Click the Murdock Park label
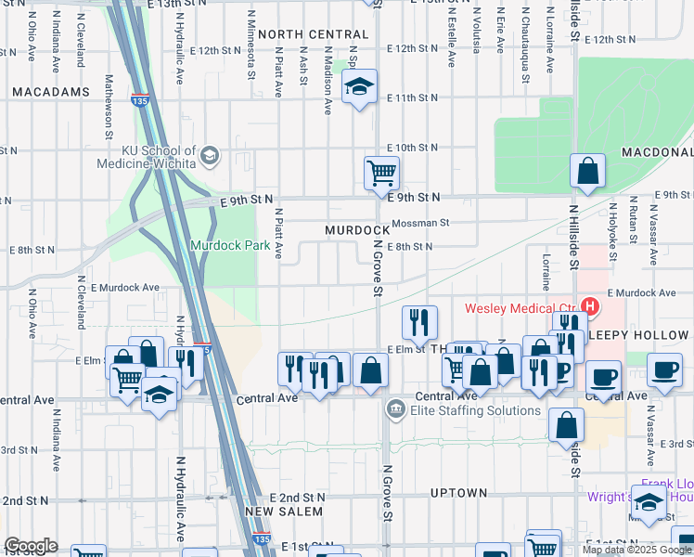(223, 246)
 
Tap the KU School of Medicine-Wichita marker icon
(211, 155)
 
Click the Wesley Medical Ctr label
(521, 307)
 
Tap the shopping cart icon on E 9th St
(381, 173)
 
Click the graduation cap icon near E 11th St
(359, 87)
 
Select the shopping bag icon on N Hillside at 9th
(587, 172)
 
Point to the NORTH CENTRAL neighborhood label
(307, 34)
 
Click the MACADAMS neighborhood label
(51, 92)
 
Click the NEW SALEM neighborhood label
(284, 512)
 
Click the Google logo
(31, 546)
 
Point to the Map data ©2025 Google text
(636, 550)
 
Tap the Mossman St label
(419, 223)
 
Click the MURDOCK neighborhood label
(357, 229)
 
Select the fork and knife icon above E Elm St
(419, 321)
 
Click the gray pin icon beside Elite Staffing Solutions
(395, 408)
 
